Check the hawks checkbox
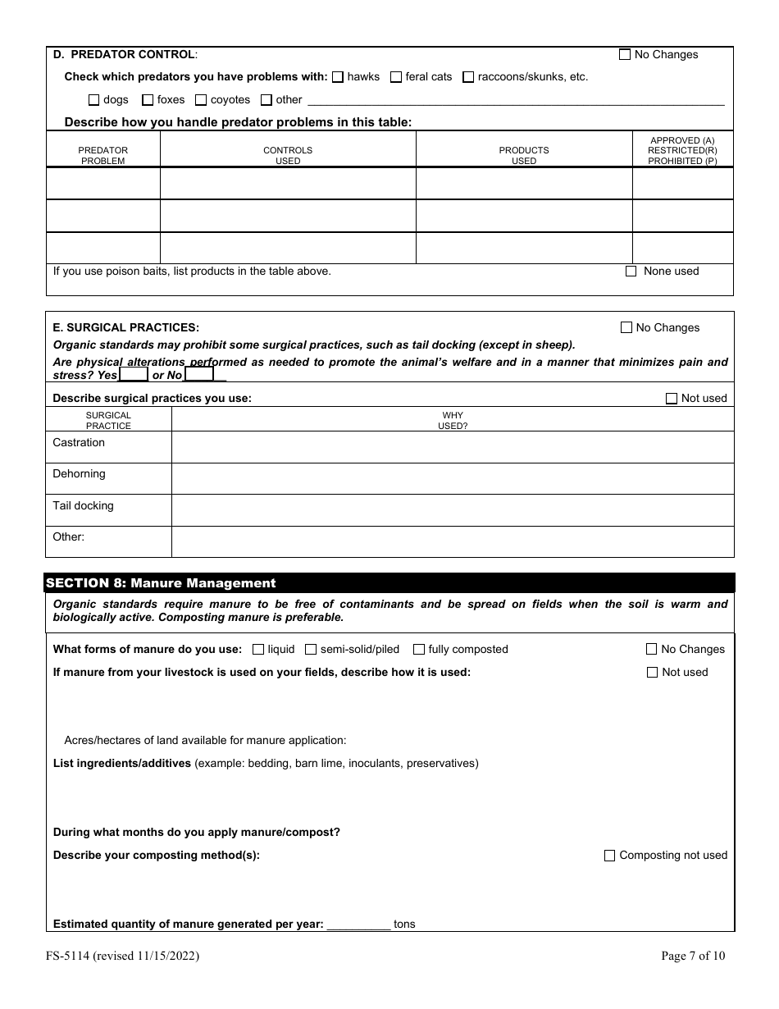[x=337, y=77]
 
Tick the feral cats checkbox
[x=396, y=77]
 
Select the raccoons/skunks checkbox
[x=468, y=77]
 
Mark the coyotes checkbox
[x=200, y=100]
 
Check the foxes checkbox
[x=148, y=100]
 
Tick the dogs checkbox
[x=93, y=100]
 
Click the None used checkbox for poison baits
[x=631, y=272]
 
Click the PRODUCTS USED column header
[x=524, y=155]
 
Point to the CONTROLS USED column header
[x=288, y=155]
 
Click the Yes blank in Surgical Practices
[x=134, y=375]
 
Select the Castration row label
[x=79, y=443]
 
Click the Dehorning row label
[x=79, y=474]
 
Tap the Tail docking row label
[x=83, y=506]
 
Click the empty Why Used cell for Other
[x=452, y=541]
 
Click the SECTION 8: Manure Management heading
[x=161, y=583]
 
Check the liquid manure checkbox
[x=258, y=650]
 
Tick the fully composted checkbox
[x=419, y=650]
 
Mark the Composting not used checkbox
[x=609, y=856]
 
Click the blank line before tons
[x=358, y=924]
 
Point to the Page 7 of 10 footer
[x=693, y=955]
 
